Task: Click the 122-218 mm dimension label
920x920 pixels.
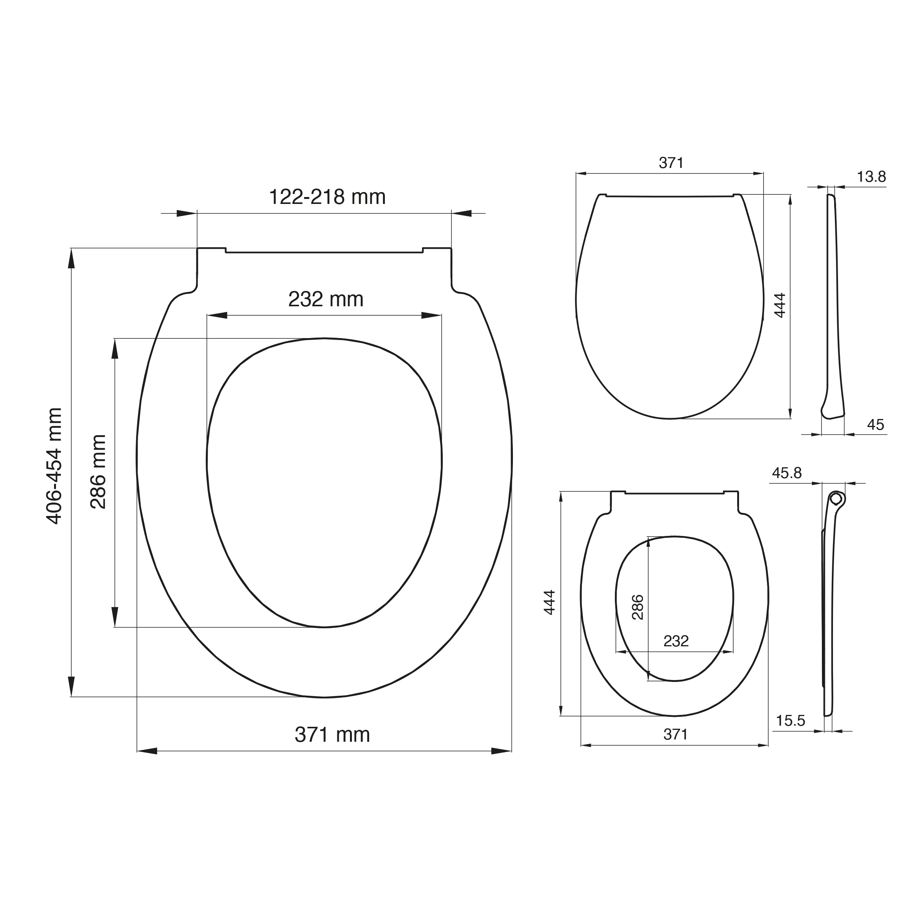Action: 327,197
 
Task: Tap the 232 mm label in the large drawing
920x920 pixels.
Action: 326,299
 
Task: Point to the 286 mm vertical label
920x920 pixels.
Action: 98,472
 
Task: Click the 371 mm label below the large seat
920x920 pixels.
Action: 332,735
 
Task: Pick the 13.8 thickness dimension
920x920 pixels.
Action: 871,177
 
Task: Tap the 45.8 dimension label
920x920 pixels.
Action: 787,473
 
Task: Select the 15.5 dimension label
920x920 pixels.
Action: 790,721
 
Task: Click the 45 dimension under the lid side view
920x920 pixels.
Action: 876,424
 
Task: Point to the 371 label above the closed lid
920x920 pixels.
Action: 671,163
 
